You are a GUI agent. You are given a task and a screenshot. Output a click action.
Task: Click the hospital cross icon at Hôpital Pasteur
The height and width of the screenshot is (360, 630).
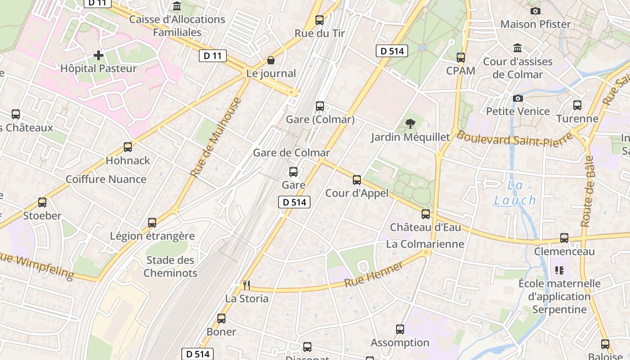[99, 55]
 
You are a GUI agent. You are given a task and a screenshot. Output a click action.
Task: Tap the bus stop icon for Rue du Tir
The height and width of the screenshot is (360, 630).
[319, 20]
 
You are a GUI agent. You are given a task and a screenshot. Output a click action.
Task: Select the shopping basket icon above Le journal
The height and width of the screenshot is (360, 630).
[271, 60]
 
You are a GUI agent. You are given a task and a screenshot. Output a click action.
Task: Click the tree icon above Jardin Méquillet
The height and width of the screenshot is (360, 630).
[410, 123]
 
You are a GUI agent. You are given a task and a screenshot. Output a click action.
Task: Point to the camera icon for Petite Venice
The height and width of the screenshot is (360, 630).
[518, 98]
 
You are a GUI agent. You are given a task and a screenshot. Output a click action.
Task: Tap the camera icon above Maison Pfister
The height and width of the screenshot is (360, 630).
[535, 11]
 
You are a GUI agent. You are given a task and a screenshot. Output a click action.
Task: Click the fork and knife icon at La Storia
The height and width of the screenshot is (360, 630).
[246, 285]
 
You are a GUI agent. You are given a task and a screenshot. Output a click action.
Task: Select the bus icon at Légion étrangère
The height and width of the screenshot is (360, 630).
[152, 222]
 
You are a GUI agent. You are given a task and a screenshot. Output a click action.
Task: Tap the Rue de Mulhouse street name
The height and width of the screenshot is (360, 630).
[216, 137]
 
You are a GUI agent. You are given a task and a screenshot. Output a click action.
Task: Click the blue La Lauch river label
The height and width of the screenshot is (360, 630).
[515, 193]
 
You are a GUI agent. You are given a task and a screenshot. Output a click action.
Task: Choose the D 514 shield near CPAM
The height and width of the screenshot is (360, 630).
[392, 51]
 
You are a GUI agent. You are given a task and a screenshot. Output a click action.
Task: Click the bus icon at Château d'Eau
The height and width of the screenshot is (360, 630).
[426, 214]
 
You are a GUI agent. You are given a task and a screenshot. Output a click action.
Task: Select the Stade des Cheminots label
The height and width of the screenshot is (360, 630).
[171, 266]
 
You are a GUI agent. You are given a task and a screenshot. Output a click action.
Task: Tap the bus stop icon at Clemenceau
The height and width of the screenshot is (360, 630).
[564, 238]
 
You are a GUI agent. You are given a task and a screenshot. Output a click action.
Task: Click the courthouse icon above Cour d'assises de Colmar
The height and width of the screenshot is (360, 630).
[517, 48]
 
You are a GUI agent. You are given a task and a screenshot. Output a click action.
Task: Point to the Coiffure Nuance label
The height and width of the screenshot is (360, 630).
[106, 179]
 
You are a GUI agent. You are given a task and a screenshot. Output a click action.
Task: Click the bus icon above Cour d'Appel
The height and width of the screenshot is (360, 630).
[357, 180]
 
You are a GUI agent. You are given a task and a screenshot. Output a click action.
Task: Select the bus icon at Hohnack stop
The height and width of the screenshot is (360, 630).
[128, 147]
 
